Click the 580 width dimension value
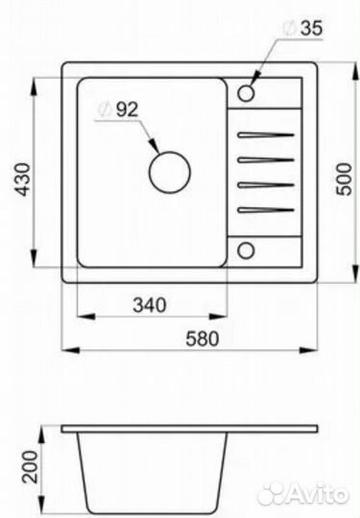(203, 339)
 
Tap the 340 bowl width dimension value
(150, 305)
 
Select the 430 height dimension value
(24, 179)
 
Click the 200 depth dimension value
(30, 467)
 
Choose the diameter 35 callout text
(302, 29)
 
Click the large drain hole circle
(170, 172)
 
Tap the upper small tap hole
(246, 93)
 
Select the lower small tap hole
(246, 250)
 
